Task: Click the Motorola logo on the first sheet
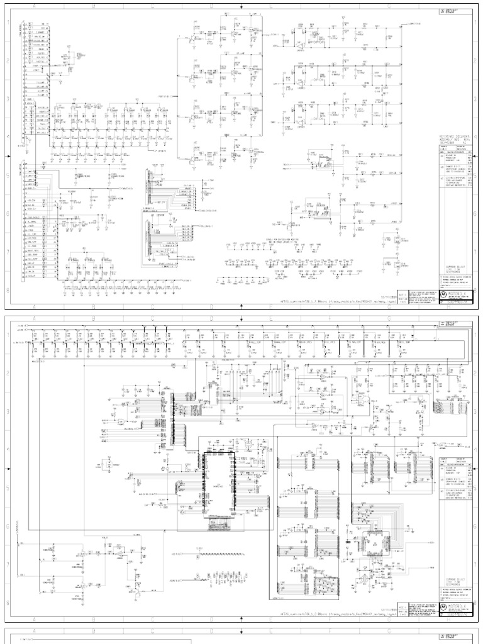[443, 294]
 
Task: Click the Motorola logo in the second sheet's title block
[443, 604]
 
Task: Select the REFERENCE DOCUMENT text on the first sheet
[455, 140]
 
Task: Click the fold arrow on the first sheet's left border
[7, 157]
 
